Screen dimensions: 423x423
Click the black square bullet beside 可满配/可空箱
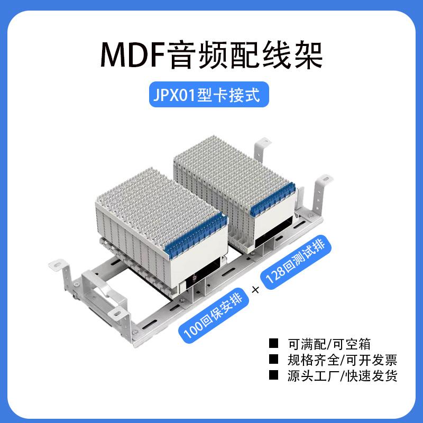pyautogui.click(x=274, y=344)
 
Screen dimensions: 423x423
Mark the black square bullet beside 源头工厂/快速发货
pyautogui.click(x=274, y=376)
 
